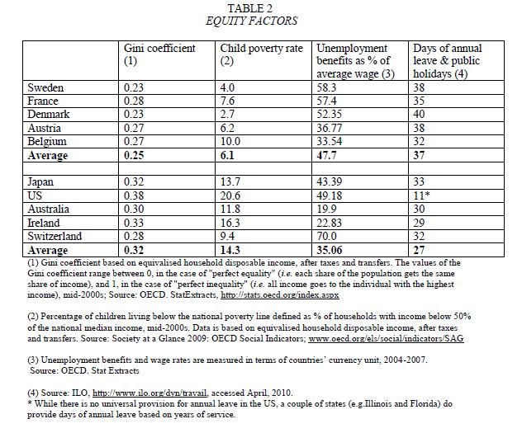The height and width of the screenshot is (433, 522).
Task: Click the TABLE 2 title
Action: pyautogui.click(x=260, y=7)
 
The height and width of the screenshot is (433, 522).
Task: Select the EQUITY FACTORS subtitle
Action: pyautogui.click(x=260, y=20)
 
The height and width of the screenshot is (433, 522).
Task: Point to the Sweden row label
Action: pyautogui.click(x=45, y=87)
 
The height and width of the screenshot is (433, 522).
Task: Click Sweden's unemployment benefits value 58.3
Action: pyautogui.click(x=329, y=87)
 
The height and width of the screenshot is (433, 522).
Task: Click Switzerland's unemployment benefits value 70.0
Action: pyautogui.click(x=329, y=236)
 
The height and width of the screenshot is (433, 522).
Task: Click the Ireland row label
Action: pyautogui.click(x=45, y=224)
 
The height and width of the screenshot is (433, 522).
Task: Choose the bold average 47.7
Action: pyautogui.click(x=330, y=155)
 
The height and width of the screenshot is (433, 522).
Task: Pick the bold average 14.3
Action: pyautogui.click(x=232, y=248)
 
